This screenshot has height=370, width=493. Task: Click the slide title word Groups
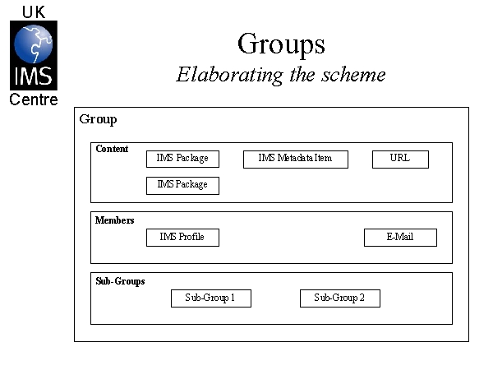pyautogui.click(x=281, y=44)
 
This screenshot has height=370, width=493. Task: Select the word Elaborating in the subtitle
pyautogui.click(x=229, y=76)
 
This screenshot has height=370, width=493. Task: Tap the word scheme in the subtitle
pyautogui.click(x=353, y=75)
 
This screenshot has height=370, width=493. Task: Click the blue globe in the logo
pyautogui.click(x=34, y=44)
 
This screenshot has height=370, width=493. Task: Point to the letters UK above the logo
pyautogui.click(x=34, y=12)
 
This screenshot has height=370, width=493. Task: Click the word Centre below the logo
pyautogui.click(x=34, y=99)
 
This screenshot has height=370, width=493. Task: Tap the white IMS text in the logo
pyautogui.click(x=34, y=76)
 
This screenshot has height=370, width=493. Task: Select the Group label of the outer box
pyautogui.click(x=98, y=120)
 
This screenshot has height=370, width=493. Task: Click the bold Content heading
pyautogui.click(x=112, y=149)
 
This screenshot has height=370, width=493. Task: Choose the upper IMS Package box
pyautogui.click(x=182, y=159)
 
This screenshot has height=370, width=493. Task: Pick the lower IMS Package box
pyautogui.click(x=182, y=186)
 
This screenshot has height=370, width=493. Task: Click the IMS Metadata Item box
pyautogui.click(x=296, y=160)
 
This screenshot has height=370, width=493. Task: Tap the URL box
pyautogui.click(x=400, y=160)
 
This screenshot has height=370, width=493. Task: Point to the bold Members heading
pyautogui.click(x=115, y=220)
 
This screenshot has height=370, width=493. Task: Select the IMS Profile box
pyautogui.click(x=182, y=238)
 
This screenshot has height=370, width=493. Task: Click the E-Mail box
pyautogui.click(x=400, y=238)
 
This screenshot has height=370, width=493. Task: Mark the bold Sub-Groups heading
pyautogui.click(x=121, y=281)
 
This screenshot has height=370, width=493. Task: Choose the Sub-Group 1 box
pyautogui.click(x=211, y=298)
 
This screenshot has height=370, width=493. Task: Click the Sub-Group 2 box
pyautogui.click(x=340, y=298)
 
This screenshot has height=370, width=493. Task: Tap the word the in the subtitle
pyautogui.click(x=302, y=75)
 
